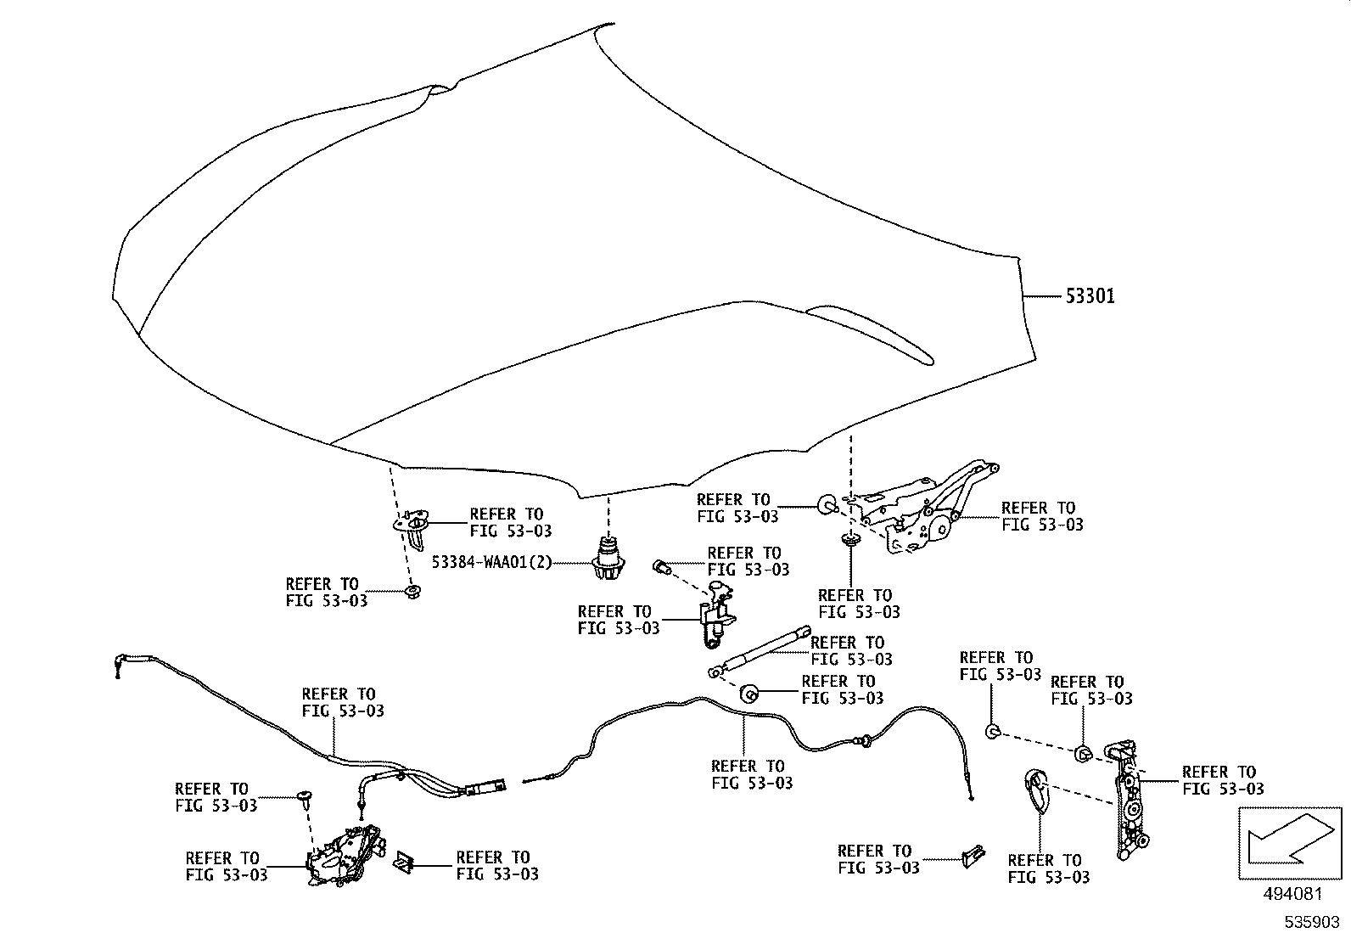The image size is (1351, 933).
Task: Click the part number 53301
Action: [1090, 296]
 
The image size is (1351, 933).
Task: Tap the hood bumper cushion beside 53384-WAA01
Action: [608, 560]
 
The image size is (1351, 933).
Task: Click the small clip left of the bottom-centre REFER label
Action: [973, 856]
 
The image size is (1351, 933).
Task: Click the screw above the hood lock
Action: [304, 797]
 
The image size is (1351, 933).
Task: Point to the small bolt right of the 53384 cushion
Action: [663, 565]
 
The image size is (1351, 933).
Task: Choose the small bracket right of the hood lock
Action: [404, 863]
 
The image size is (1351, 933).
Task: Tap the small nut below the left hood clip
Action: [413, 593]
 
